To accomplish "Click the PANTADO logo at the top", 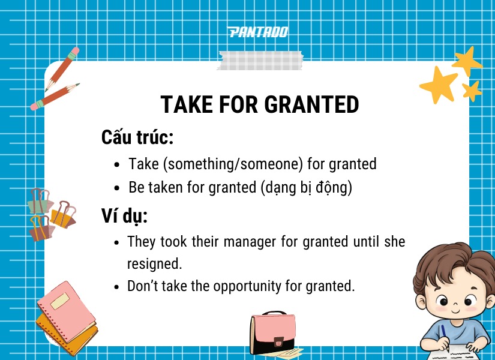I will pyautogui.click(x=258, y=32).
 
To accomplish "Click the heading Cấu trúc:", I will pyautogui.click(x=137, y=137).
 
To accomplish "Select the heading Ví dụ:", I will pyautogui.click(x=125, y=215).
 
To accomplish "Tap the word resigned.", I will pyautogui.click(x=154, y=264).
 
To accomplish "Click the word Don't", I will pyautogui.click(x=143, y=286).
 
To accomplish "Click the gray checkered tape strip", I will pyautogui.click(x=260, y=61).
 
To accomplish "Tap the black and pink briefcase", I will pyautogui.click(x=272, y=332).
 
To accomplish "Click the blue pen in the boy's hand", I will pyautogui.click(x=444, y=334).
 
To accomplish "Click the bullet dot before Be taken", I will pyautogui.click(x=118, y=188).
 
